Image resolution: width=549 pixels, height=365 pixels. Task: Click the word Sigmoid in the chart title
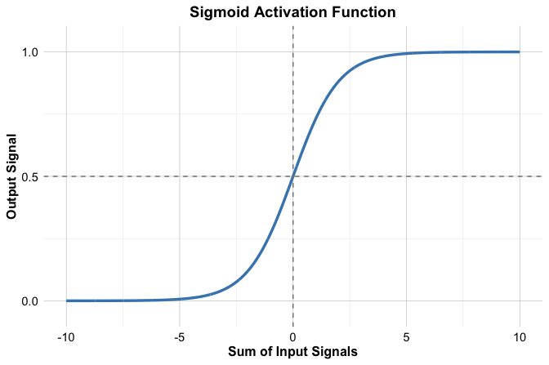point(218,12)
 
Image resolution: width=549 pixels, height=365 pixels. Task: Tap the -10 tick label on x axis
point(66,337)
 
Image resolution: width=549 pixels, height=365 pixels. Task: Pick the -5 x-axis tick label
point(180,337)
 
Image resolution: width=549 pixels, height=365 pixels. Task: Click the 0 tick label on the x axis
point(292,337)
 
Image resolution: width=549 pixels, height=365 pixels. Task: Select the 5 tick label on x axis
point(406,337)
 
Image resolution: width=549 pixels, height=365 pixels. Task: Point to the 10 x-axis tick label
point(520,337)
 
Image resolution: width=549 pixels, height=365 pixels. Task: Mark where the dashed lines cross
point(292,176)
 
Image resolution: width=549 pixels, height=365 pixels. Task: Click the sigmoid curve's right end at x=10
point(520,52)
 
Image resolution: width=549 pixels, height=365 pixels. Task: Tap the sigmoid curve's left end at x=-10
point(66,300)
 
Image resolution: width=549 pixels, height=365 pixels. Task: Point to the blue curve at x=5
point(406,54)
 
